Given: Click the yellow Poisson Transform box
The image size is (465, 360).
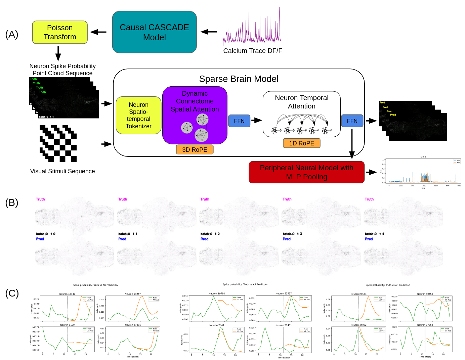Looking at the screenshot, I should click(x=60, y=32).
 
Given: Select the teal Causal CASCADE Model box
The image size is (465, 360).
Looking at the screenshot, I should click(x=154, y=32).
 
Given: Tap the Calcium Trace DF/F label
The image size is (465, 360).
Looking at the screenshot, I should click(x=253, y=51).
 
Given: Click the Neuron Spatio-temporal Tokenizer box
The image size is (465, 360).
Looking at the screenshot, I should click(x=138, y=115).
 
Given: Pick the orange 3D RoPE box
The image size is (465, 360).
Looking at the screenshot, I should click(x=195, y=149).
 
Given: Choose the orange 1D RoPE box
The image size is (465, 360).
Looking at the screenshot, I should click(x=301, y=143).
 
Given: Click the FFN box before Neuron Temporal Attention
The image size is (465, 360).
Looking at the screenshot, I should click(x=239, y=121).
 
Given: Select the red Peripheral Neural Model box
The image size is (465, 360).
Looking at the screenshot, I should click(x=306, y=172).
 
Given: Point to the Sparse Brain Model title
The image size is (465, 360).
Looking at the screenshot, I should click(x=239, y=79).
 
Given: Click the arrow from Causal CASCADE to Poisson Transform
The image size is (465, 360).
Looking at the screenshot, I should click(x=98, y=32).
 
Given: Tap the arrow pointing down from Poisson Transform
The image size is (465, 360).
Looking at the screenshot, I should click(x=58, y=53).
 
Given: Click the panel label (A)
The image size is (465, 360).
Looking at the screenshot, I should click(x=12, y=34).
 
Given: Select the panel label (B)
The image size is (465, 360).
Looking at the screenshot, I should click(x=12, y=203).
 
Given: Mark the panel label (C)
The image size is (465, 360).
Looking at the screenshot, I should click(x=12, y=293).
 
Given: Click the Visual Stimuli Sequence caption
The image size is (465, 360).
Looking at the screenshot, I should click(x=62, y=171).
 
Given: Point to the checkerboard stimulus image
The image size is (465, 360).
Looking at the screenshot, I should click(x=58, y=143).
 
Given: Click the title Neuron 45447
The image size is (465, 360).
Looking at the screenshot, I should click(x=67, y=294).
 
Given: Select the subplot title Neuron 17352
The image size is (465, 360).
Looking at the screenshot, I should click(x=425, y=325).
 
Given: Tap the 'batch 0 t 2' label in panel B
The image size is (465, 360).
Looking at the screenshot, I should click(x=210, y=234).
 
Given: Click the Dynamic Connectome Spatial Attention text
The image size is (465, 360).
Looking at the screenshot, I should click(x=195, y=101).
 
